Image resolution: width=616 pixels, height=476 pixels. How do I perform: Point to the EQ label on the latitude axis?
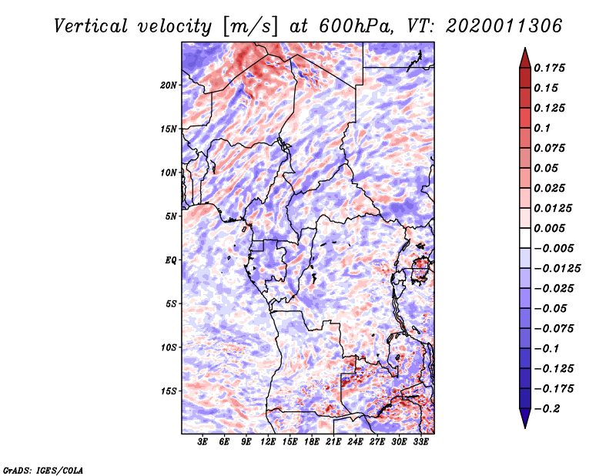171,260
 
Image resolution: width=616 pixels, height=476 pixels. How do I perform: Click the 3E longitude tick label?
203,442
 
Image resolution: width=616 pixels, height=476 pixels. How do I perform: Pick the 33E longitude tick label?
420,442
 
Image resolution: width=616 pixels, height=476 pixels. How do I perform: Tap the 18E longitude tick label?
312,442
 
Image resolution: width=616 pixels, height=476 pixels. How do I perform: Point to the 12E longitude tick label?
269,442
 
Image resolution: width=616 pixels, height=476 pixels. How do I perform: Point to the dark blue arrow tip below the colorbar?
524,421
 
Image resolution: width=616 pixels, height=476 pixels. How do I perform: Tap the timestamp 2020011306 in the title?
492,25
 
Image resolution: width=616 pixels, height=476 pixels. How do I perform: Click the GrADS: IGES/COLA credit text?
42,469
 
